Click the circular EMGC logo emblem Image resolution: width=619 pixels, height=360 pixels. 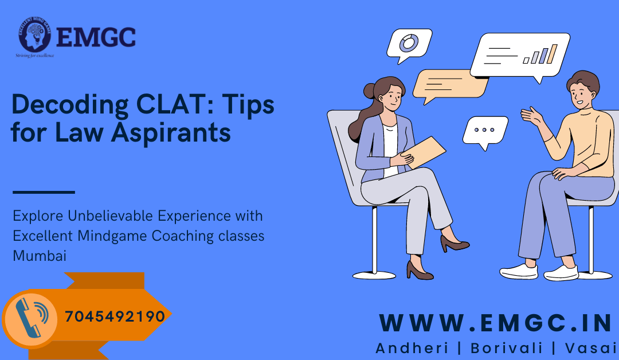[x=36, y=36]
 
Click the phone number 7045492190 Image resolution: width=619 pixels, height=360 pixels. [x=115, y=316]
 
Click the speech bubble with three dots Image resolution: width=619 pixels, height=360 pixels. [x=485, y=130]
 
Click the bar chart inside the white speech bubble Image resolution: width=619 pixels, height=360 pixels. [x=540, y=55]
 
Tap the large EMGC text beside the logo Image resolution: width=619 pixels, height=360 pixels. [x=96, y=37]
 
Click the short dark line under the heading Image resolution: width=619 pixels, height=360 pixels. [x=44, y=192]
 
